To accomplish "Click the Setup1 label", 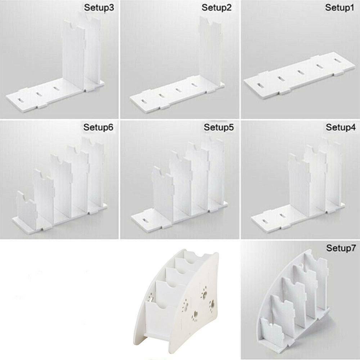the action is tap(339, 8).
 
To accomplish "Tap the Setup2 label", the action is tap(216, 8).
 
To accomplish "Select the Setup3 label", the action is tap(99, 8).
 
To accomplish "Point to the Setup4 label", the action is tap(341, 127).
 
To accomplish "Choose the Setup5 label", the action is tap(219, 127).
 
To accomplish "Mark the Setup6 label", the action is tap(98, 127).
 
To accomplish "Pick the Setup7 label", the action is tap(341, 248).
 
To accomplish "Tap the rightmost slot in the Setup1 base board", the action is tap(337, 60).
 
